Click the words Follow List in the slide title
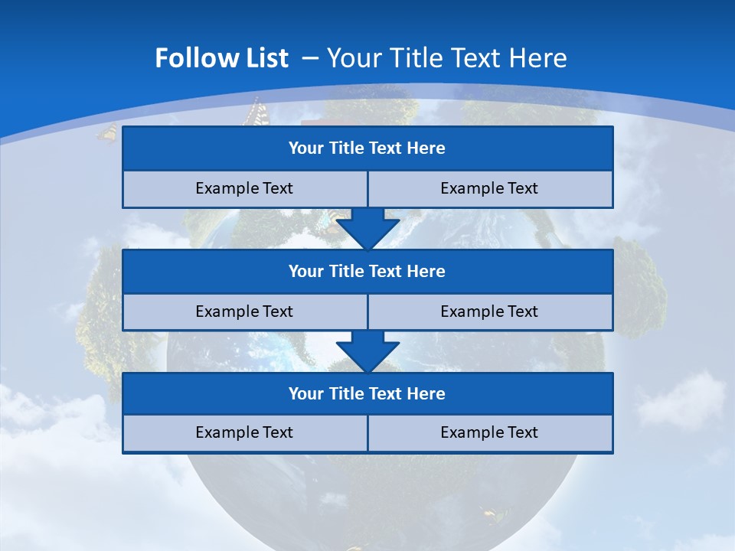click(x=221, y=58)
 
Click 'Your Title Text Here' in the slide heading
click(x=446, y=58)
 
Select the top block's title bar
click(x=367, y=148)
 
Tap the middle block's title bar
click(x=367, y=272)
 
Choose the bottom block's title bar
click(x=367, y=394)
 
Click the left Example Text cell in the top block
click(x=244, y=189)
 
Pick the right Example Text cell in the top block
click(x=490, y=189)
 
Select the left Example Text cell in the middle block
click(x=244, y=312)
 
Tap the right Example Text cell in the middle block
click(x=490, y=312)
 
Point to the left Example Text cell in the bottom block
click(x=244, y=433)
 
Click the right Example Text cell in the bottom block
click(x=490, y=433)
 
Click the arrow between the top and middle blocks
click(x=367, y=228)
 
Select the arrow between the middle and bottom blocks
click(x=367, y=351)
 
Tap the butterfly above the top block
click(x=253, y=112)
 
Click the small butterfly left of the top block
click(x=107, y=133)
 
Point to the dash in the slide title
click(x=311, y=58)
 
